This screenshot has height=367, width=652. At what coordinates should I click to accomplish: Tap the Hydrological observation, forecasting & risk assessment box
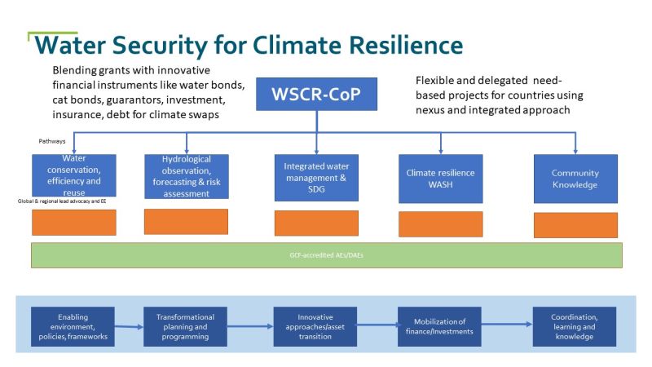click(186, 176)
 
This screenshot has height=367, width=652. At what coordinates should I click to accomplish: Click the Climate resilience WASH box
click(440, 178)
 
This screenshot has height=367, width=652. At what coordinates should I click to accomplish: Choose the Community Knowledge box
click(575, 178)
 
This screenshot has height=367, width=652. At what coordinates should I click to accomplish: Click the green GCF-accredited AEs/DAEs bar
click(326, 254)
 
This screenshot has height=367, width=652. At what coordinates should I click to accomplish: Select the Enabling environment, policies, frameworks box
click(73, 326)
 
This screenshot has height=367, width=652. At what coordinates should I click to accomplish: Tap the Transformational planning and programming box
click(186, 326)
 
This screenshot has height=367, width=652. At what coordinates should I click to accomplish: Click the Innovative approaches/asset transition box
click(315, 326)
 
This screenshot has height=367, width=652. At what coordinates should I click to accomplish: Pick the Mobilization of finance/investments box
click(439, 326)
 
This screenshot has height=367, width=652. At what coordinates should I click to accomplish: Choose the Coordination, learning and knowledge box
click(574, 326)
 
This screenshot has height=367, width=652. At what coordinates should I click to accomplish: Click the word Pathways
click(51, 141)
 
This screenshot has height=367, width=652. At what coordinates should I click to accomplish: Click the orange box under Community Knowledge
click(575, 225)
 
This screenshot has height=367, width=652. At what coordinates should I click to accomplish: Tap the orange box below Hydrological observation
click(186, 222)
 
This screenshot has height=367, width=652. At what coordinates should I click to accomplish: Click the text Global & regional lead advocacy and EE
click(64, 201)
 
